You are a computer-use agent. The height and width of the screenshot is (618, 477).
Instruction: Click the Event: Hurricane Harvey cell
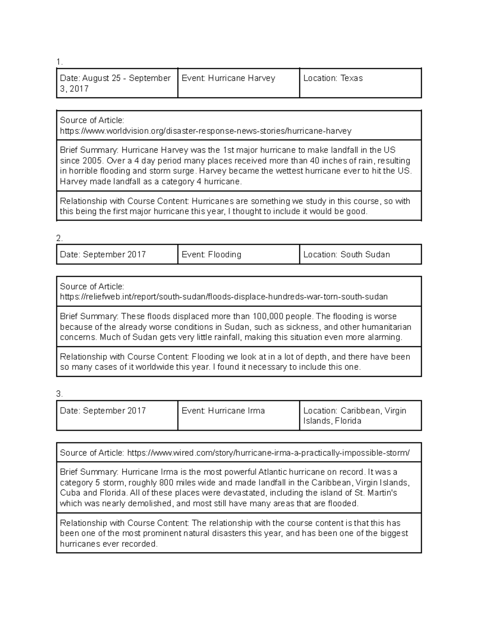click(x=238, y=83)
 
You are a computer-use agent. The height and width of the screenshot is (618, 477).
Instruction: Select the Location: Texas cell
click(x=360, y=83)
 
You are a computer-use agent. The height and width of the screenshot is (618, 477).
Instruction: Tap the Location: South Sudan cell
click(x=360, y=254)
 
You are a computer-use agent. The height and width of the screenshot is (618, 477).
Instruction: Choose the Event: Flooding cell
click(x=238, y=254)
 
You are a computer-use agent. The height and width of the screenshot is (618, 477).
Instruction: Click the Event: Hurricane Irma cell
click(x=238, y=415)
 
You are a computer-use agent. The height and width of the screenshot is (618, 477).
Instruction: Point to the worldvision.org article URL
click(x=206, y=131)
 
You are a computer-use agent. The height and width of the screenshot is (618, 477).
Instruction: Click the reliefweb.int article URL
click(x=223, y=297)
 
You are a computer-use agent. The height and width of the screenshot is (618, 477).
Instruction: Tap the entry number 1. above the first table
click(x=60, y=62)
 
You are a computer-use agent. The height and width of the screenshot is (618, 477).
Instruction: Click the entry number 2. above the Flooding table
click(x=60, y=238)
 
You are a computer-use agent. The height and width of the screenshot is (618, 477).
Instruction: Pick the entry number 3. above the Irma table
click(x=60, y=394)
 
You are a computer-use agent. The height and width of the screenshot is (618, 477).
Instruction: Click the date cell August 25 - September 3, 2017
click(x=116, y=83)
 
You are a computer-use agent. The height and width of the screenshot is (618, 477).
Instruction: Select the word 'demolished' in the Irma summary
click(x=151, y=503)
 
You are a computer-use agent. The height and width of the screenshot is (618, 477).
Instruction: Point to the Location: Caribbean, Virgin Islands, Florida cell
click(x=360, y=415)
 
